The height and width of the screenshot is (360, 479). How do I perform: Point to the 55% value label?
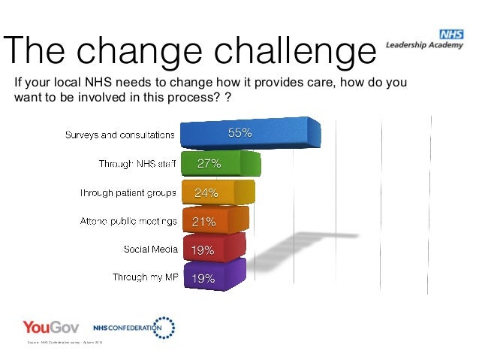pos(239,134)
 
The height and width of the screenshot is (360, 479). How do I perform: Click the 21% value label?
pos(204,222)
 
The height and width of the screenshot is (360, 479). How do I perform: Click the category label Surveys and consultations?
pos(120,135)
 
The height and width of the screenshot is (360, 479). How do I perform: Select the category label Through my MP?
pos(143,277)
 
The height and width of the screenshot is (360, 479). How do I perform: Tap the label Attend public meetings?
pos(128,221)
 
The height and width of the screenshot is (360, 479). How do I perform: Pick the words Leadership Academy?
pos(425,44)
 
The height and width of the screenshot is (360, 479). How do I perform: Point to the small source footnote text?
pos(67,343)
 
